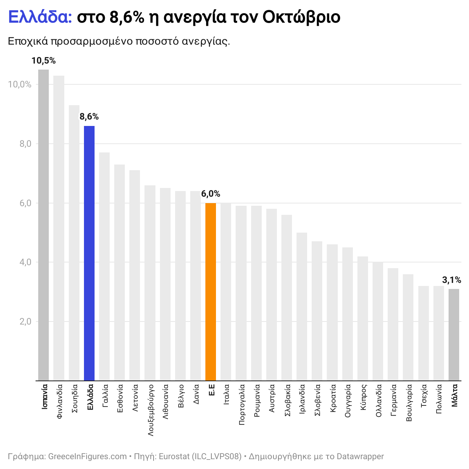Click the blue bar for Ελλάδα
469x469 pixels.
click(89, 253)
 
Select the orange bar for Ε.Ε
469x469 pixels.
click(211, 292)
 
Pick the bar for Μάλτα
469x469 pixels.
click(454, 335)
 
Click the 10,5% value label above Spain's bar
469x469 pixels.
click(43, 61)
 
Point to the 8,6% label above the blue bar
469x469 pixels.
click(89, 117)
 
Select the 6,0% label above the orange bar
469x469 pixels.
click(211, 194)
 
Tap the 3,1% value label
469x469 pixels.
click(452, 280)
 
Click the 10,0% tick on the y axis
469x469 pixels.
click(20, 85)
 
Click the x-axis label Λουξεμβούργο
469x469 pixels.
click(151, 410)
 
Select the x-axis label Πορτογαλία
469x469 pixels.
click(242, 405)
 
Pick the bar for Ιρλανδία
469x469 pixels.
click(302, 306)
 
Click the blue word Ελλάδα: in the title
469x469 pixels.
click(40, 17)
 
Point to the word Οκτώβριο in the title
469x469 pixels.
click(301, 17)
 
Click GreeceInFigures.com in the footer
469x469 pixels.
click(87, 457)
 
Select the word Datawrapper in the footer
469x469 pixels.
click(360, 457)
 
